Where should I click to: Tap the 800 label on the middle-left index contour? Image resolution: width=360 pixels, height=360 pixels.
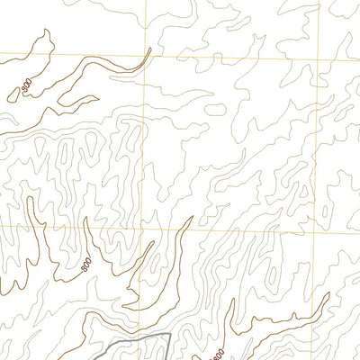85,265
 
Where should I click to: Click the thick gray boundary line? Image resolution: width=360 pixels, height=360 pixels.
135,342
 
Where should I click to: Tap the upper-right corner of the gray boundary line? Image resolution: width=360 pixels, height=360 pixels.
169,334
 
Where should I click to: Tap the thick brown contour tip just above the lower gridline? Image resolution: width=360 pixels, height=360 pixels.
191,219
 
